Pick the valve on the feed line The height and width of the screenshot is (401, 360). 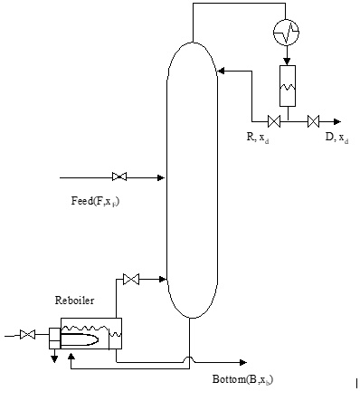pyautogui.click(x=118, y=176)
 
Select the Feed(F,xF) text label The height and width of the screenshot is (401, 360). pyautogui.click(x=95, y=202)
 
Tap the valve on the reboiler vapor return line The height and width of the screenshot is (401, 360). pyautogui.click(x=132, y=278)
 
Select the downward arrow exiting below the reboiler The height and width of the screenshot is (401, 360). pyautogui.click(x=53, y=357)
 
